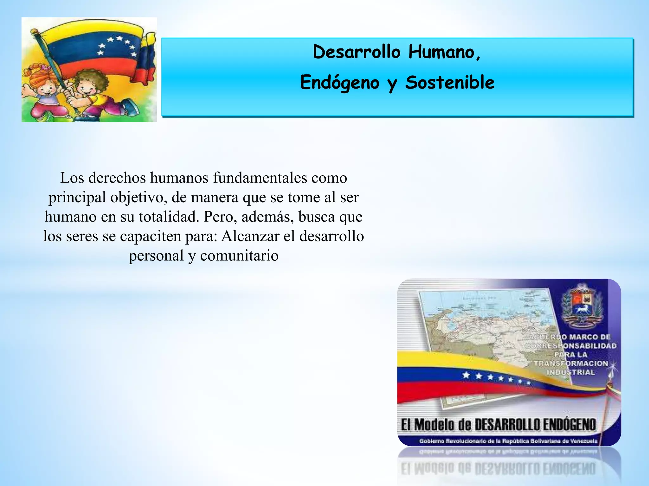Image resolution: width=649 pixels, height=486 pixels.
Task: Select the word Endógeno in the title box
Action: point(340,83)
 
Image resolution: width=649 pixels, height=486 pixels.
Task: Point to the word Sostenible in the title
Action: point(450,83)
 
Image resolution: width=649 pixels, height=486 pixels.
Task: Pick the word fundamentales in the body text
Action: point(260,178)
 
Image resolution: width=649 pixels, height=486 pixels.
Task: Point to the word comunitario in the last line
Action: point(239,256)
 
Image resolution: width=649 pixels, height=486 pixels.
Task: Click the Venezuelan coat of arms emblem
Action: point(582,307)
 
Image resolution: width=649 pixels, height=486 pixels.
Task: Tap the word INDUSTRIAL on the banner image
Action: point(571,372)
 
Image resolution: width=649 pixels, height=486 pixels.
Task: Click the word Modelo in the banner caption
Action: point(434,425)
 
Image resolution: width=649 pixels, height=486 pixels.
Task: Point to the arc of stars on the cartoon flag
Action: point(117,46)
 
